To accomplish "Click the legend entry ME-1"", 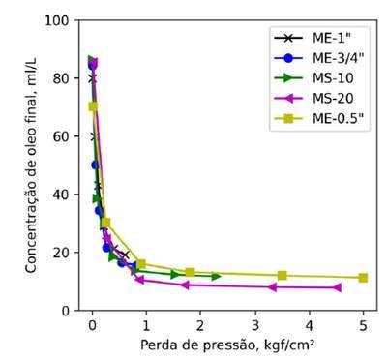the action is tap(332, 38).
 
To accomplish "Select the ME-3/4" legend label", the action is tap(338, 58).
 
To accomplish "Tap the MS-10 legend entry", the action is tap(333, 78).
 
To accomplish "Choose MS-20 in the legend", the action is tap(333, 99).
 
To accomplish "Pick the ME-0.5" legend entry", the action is tap(338, 118).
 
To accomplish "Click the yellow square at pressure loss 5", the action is tap(363, 278).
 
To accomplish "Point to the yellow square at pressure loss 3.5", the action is tap(283, 276).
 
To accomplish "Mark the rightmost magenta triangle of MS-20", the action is tap(338, 287).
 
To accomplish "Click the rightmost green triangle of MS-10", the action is tap(216, 276).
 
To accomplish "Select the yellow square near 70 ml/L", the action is tap(93, 106).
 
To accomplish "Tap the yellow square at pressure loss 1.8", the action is tap(191, 273).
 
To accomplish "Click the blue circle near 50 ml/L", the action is tap(95, 165).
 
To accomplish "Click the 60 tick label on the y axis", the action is tap(61, 136).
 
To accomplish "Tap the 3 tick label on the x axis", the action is tap(255, 326).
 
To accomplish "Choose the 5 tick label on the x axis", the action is tap(363, 326).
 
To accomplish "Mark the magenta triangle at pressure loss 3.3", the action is tap(273, 287).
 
